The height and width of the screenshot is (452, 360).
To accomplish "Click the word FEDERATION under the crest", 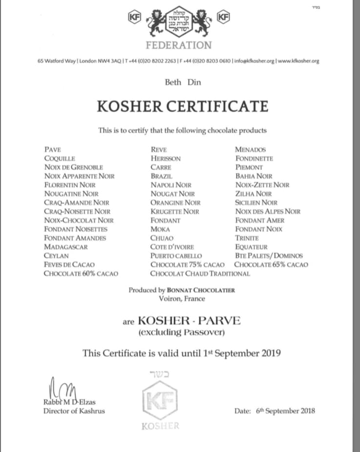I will (178, 45).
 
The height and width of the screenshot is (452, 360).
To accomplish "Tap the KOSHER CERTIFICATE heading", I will (182, 106).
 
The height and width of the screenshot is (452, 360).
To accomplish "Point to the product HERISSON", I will (166, 159).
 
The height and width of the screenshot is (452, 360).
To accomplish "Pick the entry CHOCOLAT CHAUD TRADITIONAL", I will (200, 273).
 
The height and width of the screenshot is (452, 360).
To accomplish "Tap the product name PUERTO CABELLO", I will (176, 256).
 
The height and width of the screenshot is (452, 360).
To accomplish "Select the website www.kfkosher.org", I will (298, 61).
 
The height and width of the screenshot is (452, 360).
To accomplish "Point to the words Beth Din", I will (183, 82).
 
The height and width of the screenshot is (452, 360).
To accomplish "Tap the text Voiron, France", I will (182, 298).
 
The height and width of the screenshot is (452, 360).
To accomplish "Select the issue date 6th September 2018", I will (285, 411).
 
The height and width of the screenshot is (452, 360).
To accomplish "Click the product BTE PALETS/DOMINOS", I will (269, 256).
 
